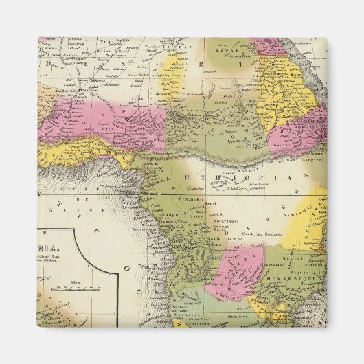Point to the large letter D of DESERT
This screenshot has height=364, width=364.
pyautogui.click(x=48, y=62)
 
